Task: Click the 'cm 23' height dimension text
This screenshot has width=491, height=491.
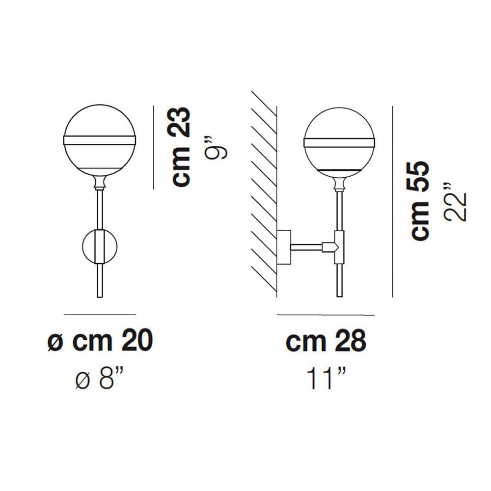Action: pos(181,147)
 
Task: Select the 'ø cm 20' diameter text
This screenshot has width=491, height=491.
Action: pos(100,341)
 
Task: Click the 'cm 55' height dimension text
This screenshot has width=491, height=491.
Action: pos(419,201)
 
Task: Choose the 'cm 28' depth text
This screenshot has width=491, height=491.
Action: pos(326,341)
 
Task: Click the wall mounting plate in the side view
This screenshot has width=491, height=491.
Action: pos(284,247)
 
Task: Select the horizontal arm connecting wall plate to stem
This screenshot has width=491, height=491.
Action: pos(306,247)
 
